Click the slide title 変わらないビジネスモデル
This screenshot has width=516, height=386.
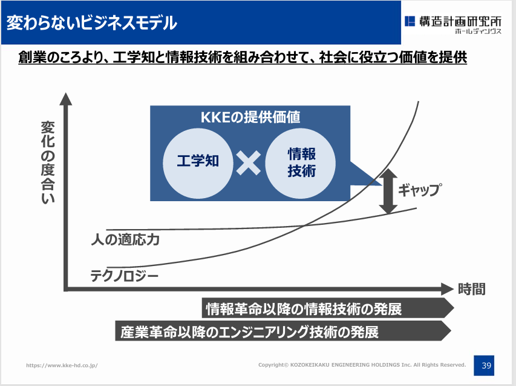coord(91,23)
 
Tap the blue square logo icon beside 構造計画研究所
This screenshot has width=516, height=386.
coord(410,21)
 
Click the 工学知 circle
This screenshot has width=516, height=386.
coord(198,164)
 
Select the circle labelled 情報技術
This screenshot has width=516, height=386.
coord(301,164)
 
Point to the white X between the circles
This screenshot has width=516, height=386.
coord(249,163)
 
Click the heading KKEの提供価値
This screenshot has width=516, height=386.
coord(250,117)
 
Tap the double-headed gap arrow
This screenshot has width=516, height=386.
coord(388,191)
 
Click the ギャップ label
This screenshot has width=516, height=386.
coord(420,190)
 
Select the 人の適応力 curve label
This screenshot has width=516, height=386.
coord(125,239)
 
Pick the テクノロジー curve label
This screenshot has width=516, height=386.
coord(125,276)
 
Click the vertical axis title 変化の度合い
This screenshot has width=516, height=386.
coord(48,162)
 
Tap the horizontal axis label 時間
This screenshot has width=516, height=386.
coord(472,289)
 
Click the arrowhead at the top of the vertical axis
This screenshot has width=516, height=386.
coord(66,99)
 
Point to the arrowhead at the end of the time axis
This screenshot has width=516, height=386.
coord(448,289)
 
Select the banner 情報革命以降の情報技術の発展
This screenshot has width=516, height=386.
coord(328,308)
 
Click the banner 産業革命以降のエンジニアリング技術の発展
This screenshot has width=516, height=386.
coord(283,331)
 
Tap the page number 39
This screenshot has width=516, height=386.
coord(484,365)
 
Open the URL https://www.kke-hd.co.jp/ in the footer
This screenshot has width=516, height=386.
coord(62,365)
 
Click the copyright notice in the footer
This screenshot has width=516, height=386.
coord(362,365)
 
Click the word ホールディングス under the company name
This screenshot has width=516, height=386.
coord(478,32)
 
